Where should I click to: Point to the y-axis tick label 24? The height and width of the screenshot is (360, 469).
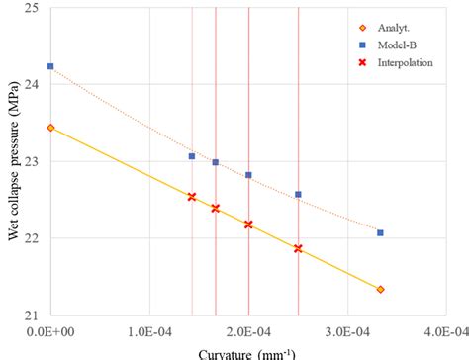click(32, 85)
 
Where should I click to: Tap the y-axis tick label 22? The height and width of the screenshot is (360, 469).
click(32, 239)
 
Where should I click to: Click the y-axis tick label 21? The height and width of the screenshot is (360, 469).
click(32, 316)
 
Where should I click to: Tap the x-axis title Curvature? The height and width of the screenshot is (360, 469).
click(247, 351)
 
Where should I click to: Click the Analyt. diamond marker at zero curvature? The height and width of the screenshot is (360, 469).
click(50, 128)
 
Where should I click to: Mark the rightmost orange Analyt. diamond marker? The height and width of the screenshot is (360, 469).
click(381, 290)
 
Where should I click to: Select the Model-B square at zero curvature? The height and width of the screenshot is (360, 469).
click(50, 66)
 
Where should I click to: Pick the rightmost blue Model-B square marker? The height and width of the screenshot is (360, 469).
click(381, 233)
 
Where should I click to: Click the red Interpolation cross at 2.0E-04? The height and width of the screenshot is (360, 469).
click(248, 225)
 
